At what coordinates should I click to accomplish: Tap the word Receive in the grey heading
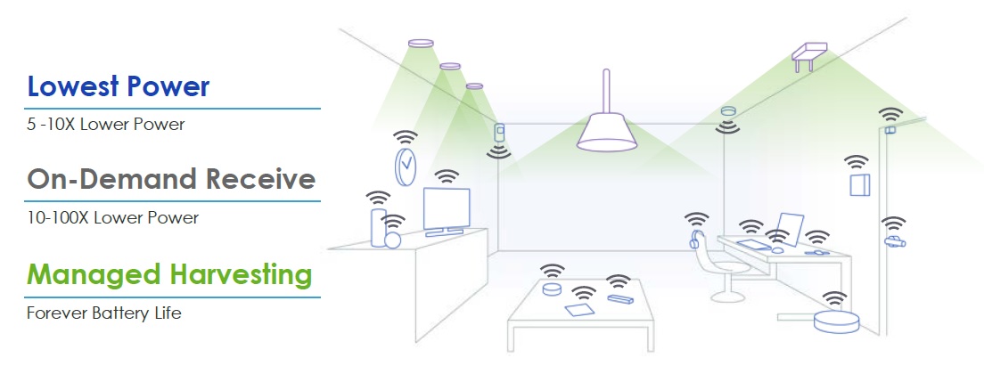point(260,179)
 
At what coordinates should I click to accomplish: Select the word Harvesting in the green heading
point(241,274)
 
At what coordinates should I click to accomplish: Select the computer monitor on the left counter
point(447,212)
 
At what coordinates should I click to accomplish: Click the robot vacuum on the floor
point(837,321)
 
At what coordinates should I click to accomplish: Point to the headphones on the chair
point(694,240)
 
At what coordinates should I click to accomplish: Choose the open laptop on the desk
point(789,231)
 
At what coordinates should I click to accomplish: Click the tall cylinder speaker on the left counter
point(378,227)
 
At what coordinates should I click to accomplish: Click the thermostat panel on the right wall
point(860,184)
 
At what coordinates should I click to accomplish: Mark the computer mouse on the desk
point(777,250)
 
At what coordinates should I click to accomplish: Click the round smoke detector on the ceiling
point(728,111)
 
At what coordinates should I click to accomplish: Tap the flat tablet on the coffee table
point(578,309)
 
